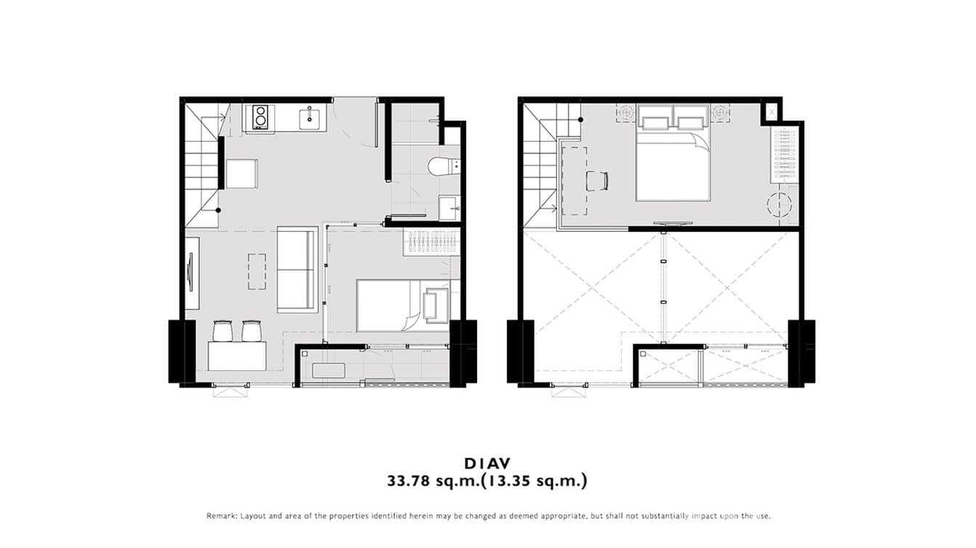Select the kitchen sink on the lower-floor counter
pyautogui.click(x=310, y=117)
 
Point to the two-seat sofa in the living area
pyautogui.click(x=297, y=269)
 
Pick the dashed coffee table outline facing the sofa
pyautogui.click(x=256, y=271)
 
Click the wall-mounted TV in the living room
pyautogui.click(x=191, y=272)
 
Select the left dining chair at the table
pyautogui.click(x=224, y=331)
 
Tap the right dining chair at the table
pyautogui.click(x=252, y=331)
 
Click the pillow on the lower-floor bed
pyautogui.click(x=436, y=305)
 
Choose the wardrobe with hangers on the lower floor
pyautogui.click(x=431, y=241)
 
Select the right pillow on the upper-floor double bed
pyautogui.click(x=691, y=118)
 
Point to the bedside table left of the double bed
pyautogui.click(x=625, y=113)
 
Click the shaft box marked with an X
pyautogui.click(x=770, y=112)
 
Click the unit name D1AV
pyautogui.click(x=487, y=463)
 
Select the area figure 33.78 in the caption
pyautogui.click(x=411, y=480)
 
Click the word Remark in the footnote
pyautogui.click(x=221, y=516)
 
